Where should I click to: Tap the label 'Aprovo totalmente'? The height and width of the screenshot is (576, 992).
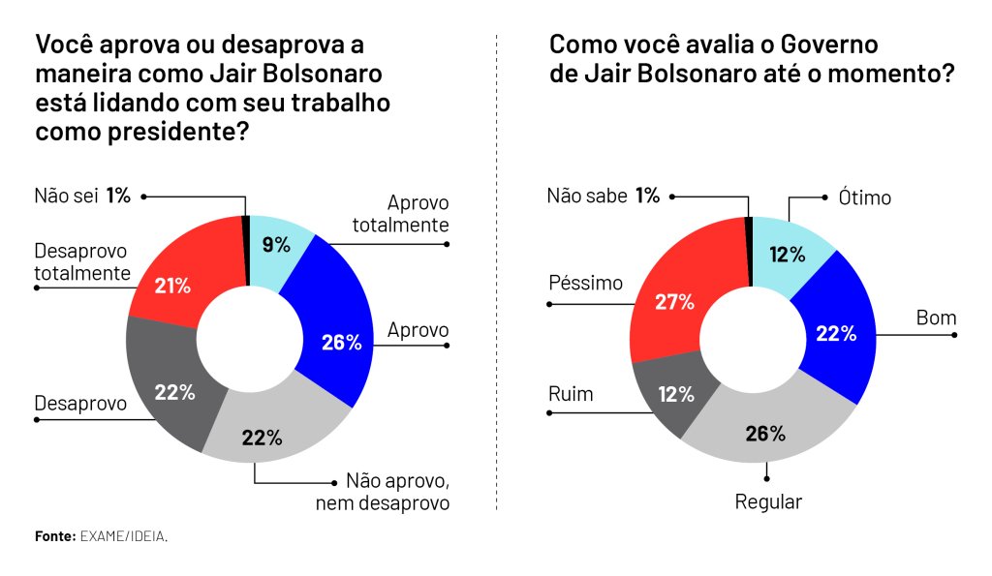[x=400, y=214]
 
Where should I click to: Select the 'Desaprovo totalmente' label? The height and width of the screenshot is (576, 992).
[x=82, y=261]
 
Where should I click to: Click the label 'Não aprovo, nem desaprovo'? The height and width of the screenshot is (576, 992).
[x=383, y=492]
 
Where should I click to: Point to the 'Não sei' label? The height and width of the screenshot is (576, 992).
[x=66, y=196]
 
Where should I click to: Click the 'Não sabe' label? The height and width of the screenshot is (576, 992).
[x=586, y=196]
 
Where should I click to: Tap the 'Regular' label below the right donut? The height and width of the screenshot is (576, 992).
[x=768, y=502]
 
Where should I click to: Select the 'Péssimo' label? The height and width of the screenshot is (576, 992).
[x=585, y=283]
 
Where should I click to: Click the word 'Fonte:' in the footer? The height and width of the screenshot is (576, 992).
[x=55, y=536]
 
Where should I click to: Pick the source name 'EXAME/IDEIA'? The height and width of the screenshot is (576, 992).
[x=123, y=536]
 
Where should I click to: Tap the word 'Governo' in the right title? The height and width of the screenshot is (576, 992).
[x=829, y=45]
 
